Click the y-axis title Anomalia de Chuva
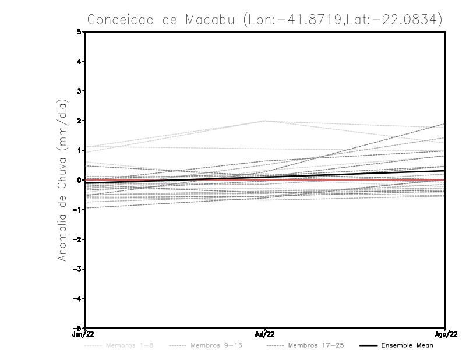[x=62, y=180]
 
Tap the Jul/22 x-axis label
[x=265, y=334]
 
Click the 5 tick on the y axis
[x=79, y=31]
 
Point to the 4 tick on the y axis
[x=79, y=61]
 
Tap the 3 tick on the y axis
[x=79, y=91]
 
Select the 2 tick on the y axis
[x=79, y=121]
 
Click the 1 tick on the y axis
[x=79, y=150]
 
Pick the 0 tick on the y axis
[x=79, y=180]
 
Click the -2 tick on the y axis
[x=77, y=239]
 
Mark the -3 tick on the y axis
[x=77, y=269]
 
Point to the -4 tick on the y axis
[x=77, y=299]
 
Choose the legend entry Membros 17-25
[x=315, y=346]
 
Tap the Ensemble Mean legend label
[x=407, y=346]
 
